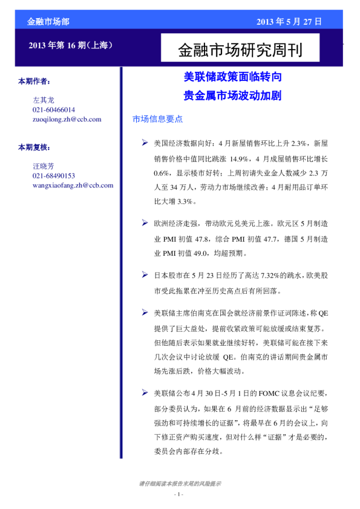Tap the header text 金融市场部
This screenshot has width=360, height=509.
pos(48,22)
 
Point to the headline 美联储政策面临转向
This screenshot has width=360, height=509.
pos(232,78)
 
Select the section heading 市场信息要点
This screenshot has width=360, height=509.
pos(157,120)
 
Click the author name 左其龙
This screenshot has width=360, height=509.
pos(44,100)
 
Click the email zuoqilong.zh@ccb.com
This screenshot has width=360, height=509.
pos(67,119)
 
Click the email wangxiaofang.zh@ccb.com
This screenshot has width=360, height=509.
pos(73,185)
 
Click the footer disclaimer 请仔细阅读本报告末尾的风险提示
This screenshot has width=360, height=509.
pos(180,484)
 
